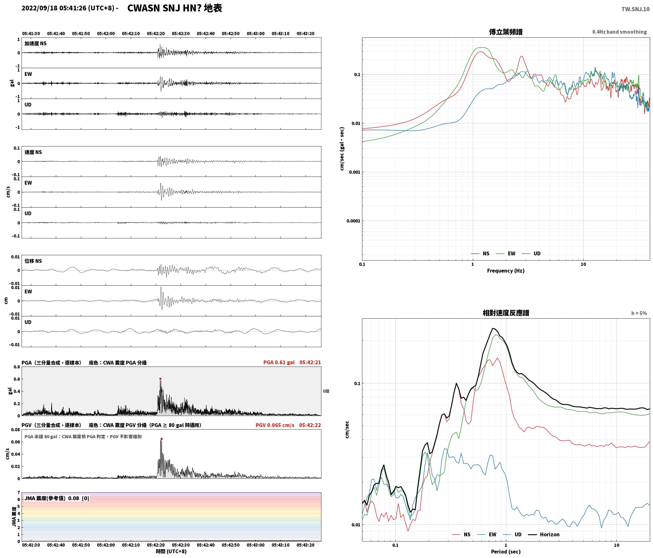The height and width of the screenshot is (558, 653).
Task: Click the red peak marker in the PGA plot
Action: pos(160,379)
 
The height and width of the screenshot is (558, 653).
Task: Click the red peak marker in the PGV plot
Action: pos(162,439)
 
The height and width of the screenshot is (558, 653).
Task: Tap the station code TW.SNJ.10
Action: pos(635,9)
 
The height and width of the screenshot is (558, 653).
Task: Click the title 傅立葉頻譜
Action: pos(506,32)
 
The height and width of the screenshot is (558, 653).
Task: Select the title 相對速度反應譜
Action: pos(506,313)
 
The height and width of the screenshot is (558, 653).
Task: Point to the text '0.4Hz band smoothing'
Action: pos(619,32)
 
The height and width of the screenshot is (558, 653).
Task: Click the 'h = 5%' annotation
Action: pos(639,313)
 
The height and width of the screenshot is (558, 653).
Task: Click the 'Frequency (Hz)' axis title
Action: pos(506,271)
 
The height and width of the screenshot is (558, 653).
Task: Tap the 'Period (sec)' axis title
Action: pos(506,552)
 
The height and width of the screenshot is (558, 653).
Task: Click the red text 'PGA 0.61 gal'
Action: pos(279,362)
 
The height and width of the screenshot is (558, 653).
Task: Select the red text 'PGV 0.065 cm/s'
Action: pos(275,425)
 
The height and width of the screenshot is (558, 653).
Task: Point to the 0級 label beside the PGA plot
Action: pos(326,391)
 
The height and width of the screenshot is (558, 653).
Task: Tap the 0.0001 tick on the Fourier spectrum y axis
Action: pos(353,221)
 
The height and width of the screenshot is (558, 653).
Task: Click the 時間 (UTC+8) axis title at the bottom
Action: pos(171,551)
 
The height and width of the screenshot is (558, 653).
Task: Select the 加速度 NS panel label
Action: pos(36,43)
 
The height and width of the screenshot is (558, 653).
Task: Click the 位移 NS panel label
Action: pos(33,261)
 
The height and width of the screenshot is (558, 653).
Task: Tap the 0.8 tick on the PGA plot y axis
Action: pos(16,367)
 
